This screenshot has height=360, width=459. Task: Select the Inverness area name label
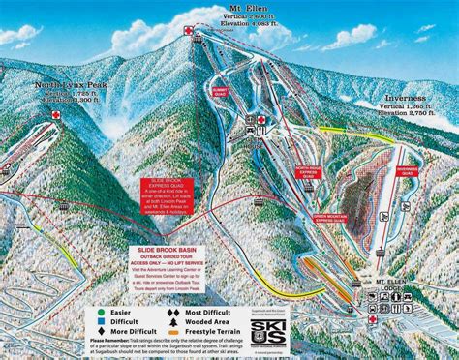(x=405, y=97)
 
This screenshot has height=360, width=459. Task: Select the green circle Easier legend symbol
(x=99, y=313)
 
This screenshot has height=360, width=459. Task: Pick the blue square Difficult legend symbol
(x=99, y=323)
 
